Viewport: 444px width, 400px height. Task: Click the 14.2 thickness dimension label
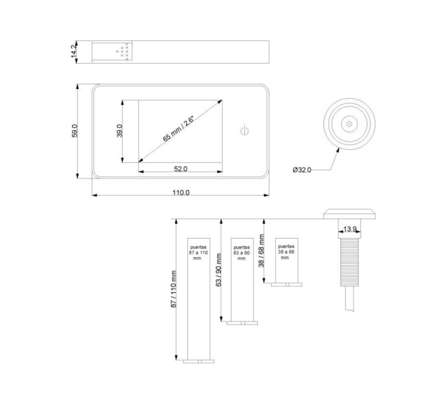click(x=74, y=52)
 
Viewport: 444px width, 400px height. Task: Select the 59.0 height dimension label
click(x=74, y=131)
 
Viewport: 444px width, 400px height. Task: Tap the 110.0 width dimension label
click(x=181, y=192)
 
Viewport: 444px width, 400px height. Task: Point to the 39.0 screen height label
click(x=120, y=131)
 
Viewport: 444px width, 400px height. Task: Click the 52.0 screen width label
click(x=181, y=168)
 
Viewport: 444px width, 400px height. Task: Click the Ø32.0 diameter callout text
click(x=302, y=170)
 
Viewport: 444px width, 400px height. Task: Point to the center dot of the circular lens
click(x=349, y=124)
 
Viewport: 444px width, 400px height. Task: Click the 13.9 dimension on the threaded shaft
click(x=349, y=229)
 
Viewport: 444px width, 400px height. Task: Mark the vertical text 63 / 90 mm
click(x=218, y=270)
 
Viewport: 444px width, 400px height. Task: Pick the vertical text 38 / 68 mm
click(x=261, y=251)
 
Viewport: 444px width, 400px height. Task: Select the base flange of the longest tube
click(x=199, y=361)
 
